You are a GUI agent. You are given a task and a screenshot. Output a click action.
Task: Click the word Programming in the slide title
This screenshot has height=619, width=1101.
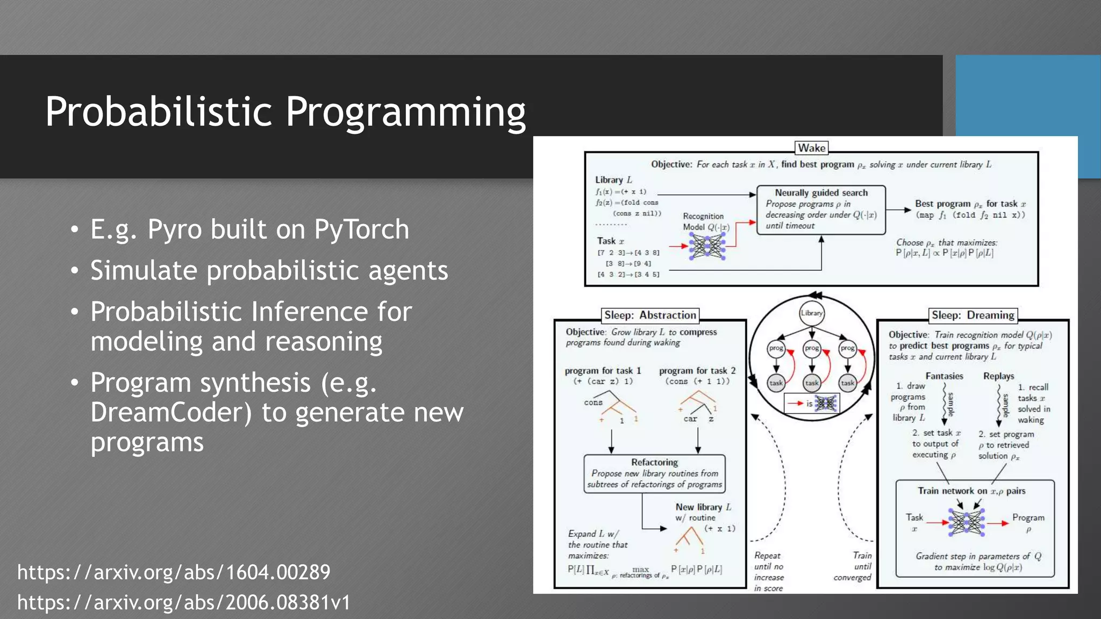click(x=405, y=112)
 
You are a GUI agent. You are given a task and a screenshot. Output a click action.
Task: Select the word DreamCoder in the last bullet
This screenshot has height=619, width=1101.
click(x=171, y=412)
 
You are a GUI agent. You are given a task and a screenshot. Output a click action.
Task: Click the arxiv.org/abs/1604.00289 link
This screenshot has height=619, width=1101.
click(x=174, y=572)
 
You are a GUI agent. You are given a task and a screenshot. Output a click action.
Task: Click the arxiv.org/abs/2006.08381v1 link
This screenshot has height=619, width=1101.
click(x=184, y=602)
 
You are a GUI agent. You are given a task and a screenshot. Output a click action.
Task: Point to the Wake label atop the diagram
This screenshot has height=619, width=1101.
click(x=811, y=148)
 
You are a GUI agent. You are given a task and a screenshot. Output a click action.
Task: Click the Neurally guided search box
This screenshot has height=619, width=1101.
click(x=820, y=210)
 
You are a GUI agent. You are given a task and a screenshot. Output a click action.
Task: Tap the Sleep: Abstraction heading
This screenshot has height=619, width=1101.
click(x=649, y=315)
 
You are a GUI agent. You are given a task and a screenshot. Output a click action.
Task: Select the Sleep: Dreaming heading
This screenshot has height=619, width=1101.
click(x=973, y=315)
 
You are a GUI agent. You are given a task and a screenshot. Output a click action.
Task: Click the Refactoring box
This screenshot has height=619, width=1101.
click(x=654, y=473)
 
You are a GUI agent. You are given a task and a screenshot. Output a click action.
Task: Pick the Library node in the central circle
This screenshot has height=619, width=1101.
click(x=811, y=313)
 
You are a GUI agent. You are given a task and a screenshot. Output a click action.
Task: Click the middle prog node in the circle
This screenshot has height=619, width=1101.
click(x=812, y=348)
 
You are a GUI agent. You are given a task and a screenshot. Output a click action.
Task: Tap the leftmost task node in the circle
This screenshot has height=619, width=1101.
click(x=776, y=383)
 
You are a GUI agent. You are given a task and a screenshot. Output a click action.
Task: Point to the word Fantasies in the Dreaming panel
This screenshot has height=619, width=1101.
click(x=944, y=376)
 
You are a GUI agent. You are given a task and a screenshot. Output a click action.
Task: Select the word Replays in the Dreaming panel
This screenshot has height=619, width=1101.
click(x=998, y=376)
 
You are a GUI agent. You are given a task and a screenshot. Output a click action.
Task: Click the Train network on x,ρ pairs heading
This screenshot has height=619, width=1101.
click(x=971, y=491)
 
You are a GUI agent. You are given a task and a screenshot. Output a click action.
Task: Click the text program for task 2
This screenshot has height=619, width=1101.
click(x=697, y=371)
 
